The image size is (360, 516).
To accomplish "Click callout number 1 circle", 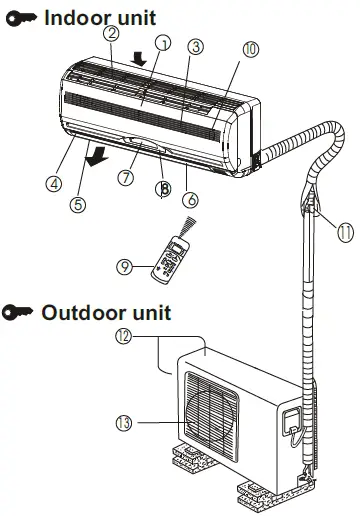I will pos(163,43).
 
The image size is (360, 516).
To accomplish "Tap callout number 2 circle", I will pos(112,33).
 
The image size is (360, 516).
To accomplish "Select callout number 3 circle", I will pos(196,47).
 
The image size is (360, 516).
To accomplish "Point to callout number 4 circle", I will pos(54,183).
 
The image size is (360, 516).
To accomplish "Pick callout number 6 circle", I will pos(191,199).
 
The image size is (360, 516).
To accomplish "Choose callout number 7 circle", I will pos(127,178).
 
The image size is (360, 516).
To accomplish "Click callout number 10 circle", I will pos(250,48).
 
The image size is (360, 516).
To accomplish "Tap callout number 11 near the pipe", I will pos(345,232).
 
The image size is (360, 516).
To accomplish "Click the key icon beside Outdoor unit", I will pos(18,312).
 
